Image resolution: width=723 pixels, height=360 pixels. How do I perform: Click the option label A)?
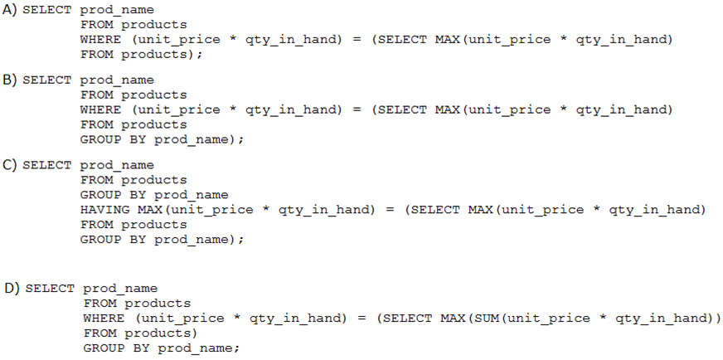(10, 10)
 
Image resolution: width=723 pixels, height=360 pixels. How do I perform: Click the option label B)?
(10, 80)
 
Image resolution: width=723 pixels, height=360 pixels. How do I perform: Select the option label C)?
(10, 165)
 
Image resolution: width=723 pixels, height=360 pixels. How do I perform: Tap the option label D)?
(12, 289)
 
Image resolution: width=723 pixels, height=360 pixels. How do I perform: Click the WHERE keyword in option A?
(101, 40)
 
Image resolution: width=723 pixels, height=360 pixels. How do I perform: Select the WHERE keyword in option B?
(101, 109)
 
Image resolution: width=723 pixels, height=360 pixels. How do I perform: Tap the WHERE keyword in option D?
(104, 318)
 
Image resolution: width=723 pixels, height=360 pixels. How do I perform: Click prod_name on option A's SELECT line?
(117, 10)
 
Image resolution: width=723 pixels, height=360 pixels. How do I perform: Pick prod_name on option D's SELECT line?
(120, 289)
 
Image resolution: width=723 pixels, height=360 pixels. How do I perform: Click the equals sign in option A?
(357, 40)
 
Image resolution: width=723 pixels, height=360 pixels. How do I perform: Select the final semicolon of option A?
(200, 56)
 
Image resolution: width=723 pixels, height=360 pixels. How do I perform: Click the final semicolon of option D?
(236, 349)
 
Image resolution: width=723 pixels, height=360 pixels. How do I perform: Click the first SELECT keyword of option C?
(47, 165)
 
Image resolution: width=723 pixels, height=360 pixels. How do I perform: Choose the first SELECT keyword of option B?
(47, 80)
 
